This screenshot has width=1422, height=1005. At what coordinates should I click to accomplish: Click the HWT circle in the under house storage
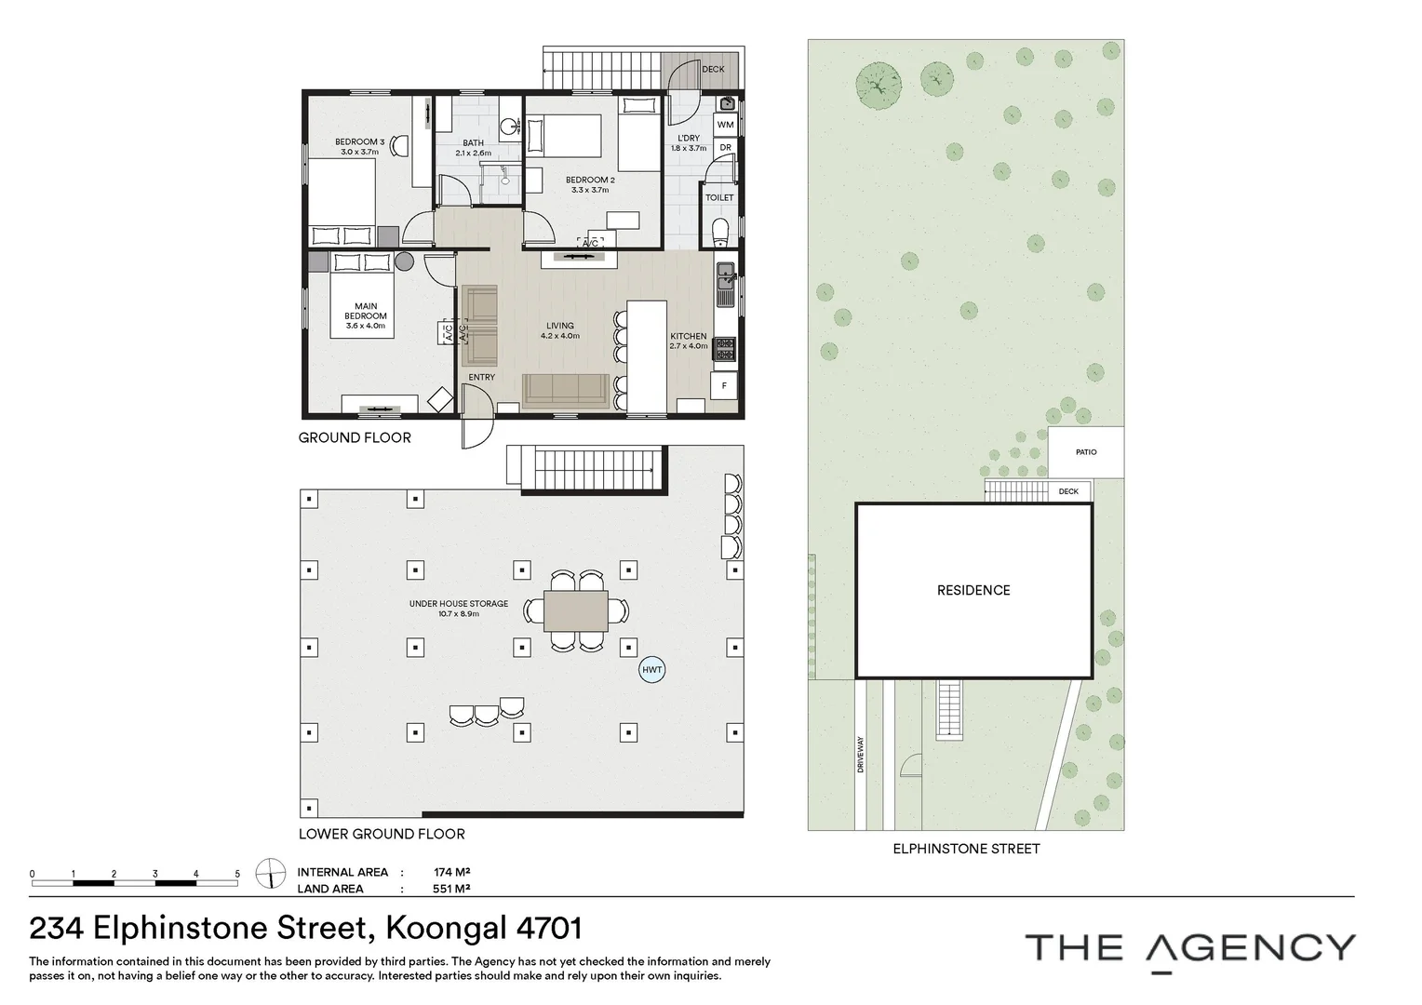tap(652, 670)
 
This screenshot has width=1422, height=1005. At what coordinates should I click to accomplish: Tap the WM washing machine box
tap(726, 125)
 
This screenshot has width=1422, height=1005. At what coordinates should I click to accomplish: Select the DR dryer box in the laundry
tap(726, 148)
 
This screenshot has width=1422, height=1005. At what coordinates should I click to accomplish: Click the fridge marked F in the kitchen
tap(724, 385)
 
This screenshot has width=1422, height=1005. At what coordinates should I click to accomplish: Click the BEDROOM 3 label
tap(360, 141)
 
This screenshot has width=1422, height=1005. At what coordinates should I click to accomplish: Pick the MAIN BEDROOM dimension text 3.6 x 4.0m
tap(366, 326)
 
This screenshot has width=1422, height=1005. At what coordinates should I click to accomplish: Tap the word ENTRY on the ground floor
tap(482, 377)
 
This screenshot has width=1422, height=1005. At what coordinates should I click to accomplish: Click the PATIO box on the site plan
tap(1086, 452)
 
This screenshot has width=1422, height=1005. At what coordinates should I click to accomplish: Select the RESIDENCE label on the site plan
tap(973, 590)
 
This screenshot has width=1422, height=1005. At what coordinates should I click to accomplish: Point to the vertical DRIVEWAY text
tap(861, 755)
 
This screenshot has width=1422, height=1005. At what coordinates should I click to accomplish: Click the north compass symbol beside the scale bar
tap(271, 874)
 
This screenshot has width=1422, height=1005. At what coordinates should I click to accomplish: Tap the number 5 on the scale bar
tap(237, 874)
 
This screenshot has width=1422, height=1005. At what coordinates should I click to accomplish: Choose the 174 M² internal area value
tap(452, 872)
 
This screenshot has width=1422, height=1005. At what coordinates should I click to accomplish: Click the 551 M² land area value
tap(451, 888)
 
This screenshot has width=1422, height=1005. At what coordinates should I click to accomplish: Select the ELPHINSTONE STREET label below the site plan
tap(966, 849)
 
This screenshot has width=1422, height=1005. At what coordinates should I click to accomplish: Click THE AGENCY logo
tap(1190, 950)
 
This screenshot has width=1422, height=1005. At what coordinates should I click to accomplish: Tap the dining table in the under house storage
tap(576, 610)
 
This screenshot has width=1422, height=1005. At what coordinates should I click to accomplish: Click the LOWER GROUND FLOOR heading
tap(382, 834)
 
